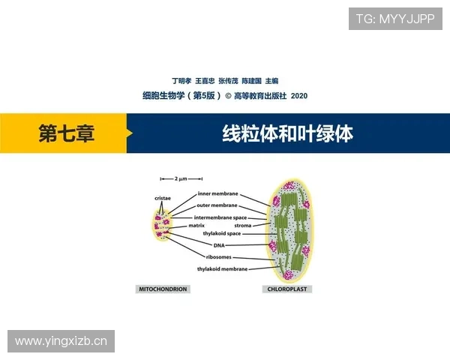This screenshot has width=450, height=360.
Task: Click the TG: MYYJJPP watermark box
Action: [x=396, y=19]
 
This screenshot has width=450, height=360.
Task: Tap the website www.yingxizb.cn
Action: [x=61, y=341]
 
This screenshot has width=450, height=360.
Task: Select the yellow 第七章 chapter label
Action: [x=66, y=133]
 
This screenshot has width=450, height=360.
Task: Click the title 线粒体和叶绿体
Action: [x=288, y=133]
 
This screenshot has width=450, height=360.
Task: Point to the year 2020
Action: [x=298, y=96]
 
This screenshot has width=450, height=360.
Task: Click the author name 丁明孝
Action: [x=181, y=81]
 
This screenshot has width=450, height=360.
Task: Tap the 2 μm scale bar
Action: [x=181, y=179]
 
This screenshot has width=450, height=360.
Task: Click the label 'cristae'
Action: [x=163, y=198]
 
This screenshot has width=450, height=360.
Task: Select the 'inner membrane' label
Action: [x=217, y=193]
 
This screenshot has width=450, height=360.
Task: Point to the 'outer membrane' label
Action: [x=217, y=205]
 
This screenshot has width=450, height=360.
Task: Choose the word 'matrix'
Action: [x=196, y=225]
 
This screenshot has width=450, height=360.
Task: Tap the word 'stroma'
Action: [x=242, y=225]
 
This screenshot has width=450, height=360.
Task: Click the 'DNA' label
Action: [x=219, y=245]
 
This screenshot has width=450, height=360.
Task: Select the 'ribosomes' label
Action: [x=218, y=256]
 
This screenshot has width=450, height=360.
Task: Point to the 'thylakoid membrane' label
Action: [x=222, y=268]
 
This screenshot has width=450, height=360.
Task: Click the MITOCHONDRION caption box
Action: [x=162, y=289]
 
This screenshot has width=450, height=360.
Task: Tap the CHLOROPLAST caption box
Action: [x=289, y=289]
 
